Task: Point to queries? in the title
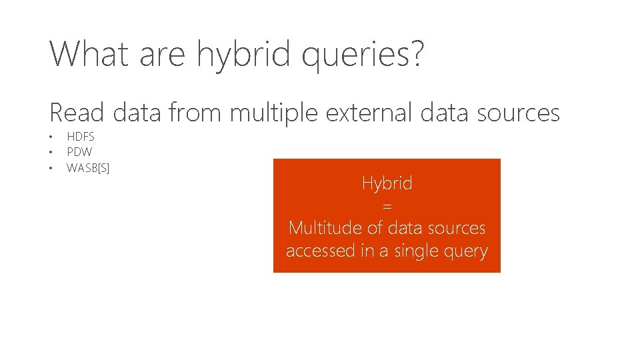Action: [x=362, y=55]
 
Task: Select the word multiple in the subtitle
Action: [x=274, y=113]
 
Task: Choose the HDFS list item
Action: [x=81, y=137]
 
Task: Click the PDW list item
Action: [x=79, y=152]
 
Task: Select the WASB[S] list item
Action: [x=88, y=167]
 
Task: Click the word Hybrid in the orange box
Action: [x=387, y=183]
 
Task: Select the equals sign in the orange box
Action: [x=387, y=206]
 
